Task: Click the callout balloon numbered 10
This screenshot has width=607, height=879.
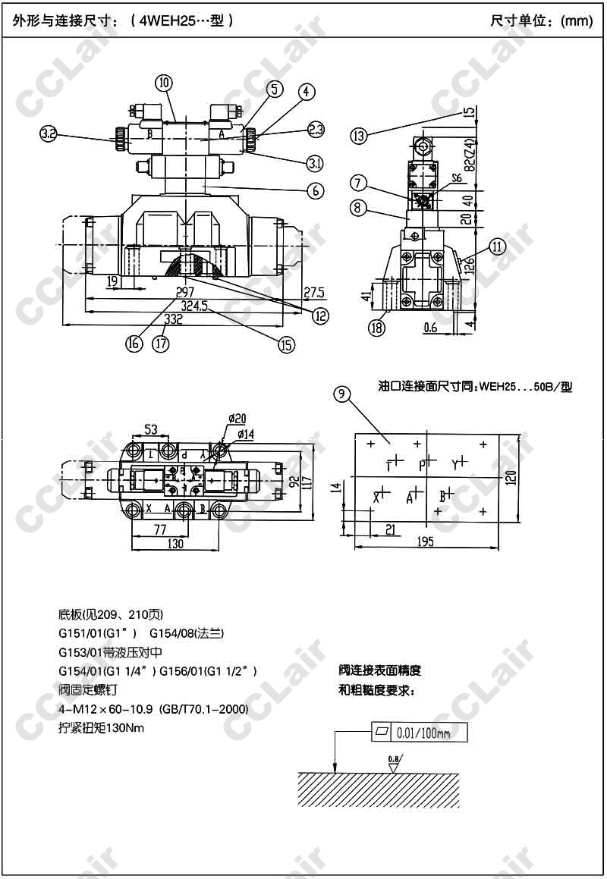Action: pos(164,83)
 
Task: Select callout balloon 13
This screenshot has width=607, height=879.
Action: pos(359,136)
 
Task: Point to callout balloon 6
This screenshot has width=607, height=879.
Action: pos(316,191)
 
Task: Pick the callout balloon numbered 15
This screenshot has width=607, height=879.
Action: pos(286,344)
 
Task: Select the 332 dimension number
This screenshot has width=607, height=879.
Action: pos(174,321)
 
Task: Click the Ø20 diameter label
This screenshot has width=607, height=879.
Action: pos(237,419)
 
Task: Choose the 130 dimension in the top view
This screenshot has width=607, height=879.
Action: pos(174,543)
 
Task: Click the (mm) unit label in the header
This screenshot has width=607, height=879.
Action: pos(576,21)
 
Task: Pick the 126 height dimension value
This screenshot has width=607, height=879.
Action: pos(470,265)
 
